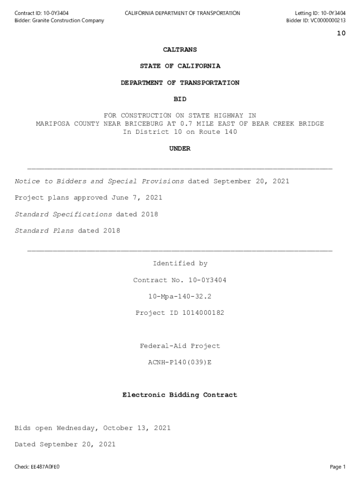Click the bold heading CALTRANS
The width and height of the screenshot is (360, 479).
180,50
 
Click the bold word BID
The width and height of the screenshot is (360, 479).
180,99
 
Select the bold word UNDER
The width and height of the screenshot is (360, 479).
180,148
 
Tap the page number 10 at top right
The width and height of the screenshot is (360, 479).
341,33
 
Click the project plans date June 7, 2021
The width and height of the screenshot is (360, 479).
137,198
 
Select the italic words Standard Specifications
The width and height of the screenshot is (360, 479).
63,214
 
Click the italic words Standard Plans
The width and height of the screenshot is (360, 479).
44,231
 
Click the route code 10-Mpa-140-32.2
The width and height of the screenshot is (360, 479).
180,297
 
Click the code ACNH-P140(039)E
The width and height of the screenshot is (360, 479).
180,363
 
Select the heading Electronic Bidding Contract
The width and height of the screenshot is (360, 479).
180,395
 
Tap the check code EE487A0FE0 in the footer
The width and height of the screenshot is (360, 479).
45,467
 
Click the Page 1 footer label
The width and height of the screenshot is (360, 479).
338,467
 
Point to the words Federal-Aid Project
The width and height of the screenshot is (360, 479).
180,346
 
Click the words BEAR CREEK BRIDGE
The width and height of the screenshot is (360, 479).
288,124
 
